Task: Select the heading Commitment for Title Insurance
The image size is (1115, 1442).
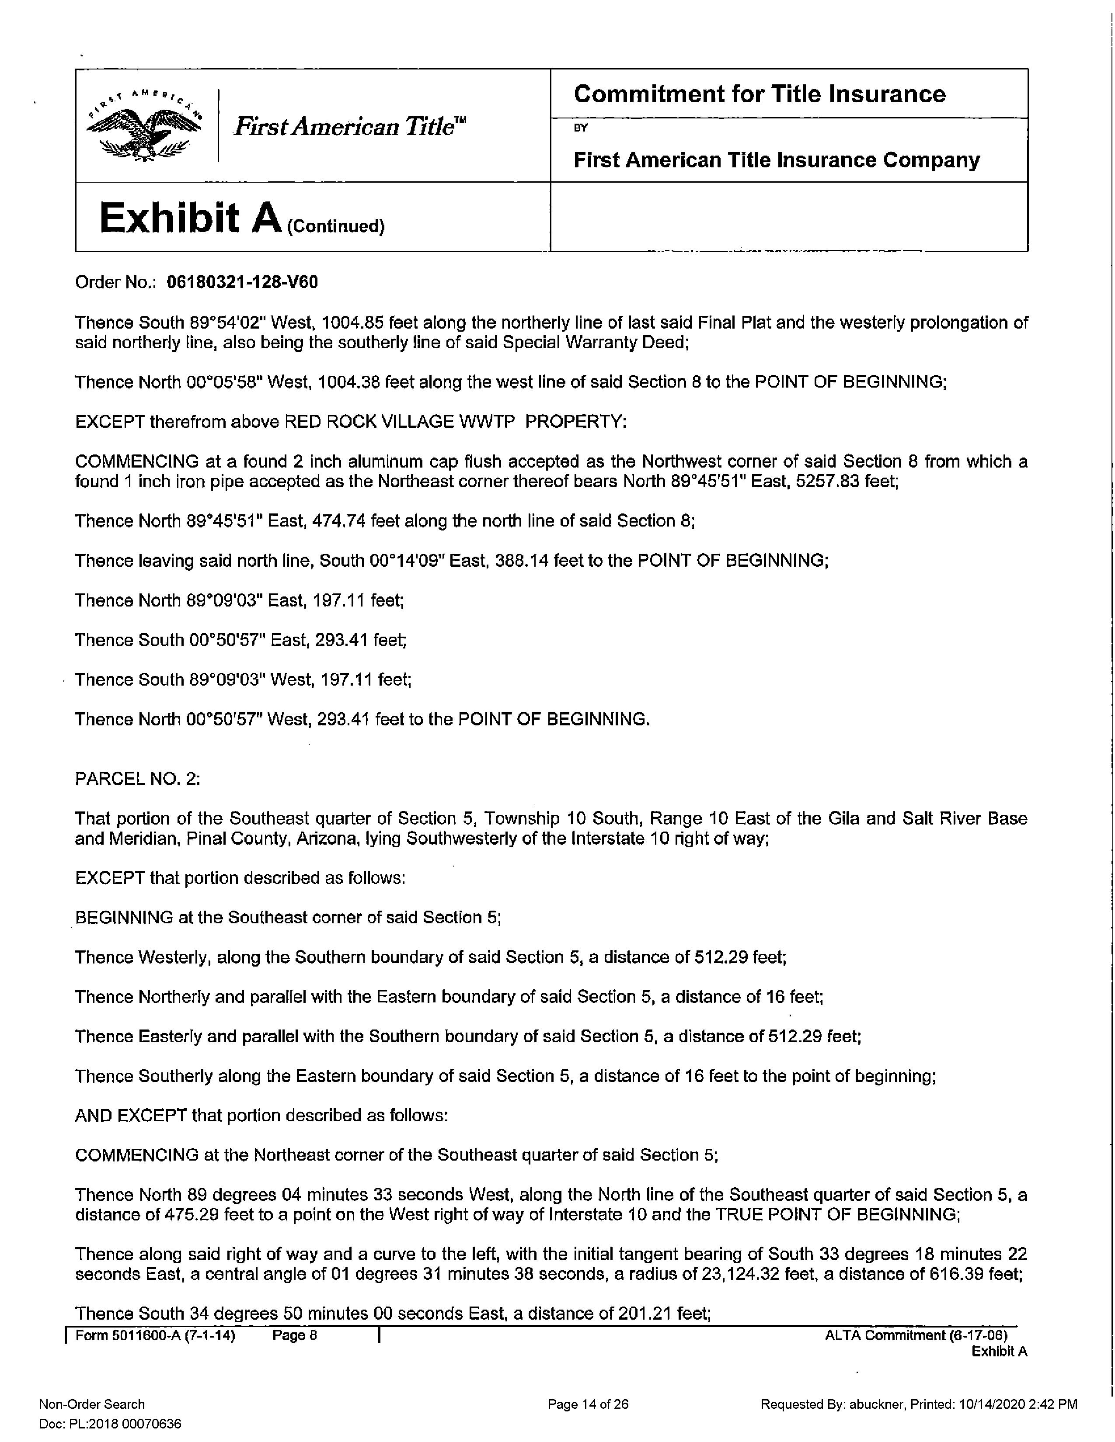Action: coord(759,94)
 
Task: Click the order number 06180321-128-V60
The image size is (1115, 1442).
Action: coord(242,283)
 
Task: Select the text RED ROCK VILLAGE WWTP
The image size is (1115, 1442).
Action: coord(400,422)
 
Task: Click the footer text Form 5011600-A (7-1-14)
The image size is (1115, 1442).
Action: coord(155,1336)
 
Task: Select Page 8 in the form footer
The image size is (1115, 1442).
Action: coord(295,1336)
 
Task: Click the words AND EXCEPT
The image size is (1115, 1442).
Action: coord(131,1116)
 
